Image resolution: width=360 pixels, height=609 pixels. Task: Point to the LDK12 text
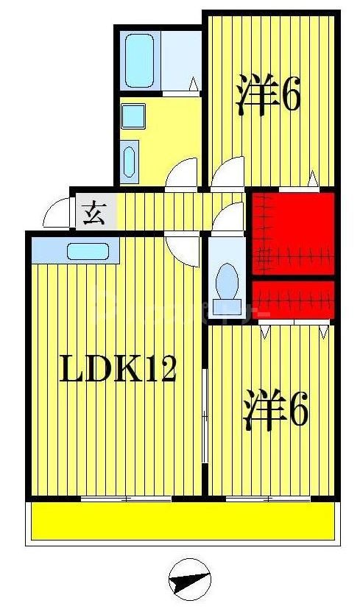click(117, 368)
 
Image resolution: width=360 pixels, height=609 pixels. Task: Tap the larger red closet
click(294, 233)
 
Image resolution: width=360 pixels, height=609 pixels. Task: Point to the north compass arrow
click(191, 580)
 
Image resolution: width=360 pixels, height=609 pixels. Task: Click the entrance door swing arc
click(56, 215)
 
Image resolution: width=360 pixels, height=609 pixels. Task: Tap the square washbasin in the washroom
click(133, 116)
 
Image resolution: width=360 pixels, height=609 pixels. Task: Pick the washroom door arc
click(182, 175)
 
